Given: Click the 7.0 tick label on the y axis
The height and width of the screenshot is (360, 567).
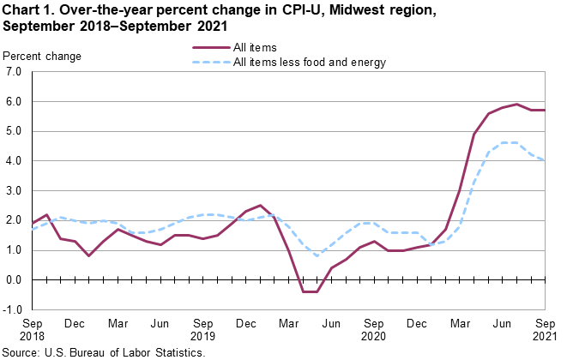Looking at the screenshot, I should (x=14, y=72).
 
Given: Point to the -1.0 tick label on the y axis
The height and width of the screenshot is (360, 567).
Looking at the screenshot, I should (x=12, y=309).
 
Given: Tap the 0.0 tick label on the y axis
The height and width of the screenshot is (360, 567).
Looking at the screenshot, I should (x=14, y=279).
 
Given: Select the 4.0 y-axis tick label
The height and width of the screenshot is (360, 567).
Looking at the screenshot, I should (x=14, y=161).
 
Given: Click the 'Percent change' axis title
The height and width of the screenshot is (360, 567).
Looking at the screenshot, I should (x=43, y=57).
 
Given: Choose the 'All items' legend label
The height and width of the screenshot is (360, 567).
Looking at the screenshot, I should (x=255, y=46).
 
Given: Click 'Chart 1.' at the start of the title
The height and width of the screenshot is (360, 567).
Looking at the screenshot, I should (x=28, y=9).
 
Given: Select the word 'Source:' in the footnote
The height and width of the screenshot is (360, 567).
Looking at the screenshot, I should (x=21, y=352).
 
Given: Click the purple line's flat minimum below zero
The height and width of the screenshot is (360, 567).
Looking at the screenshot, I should (x=310, y=291).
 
